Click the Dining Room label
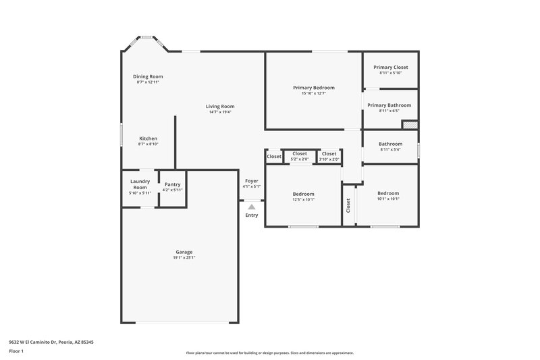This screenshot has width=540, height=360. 148,76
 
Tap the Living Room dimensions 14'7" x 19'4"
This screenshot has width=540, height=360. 220,112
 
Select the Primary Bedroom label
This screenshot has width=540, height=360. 313,88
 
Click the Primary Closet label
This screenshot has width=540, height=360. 391,68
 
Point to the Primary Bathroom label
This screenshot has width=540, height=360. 389,105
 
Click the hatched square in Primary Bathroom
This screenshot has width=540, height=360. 410,124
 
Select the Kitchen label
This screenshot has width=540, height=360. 148,138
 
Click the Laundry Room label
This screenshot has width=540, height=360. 140,184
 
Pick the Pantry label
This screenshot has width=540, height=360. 172,184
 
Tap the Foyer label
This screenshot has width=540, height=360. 251,181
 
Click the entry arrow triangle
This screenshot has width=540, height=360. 252,207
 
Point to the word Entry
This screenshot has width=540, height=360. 252,215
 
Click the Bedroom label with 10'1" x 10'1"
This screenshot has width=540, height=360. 387,193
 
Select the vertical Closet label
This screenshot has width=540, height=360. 348,205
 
